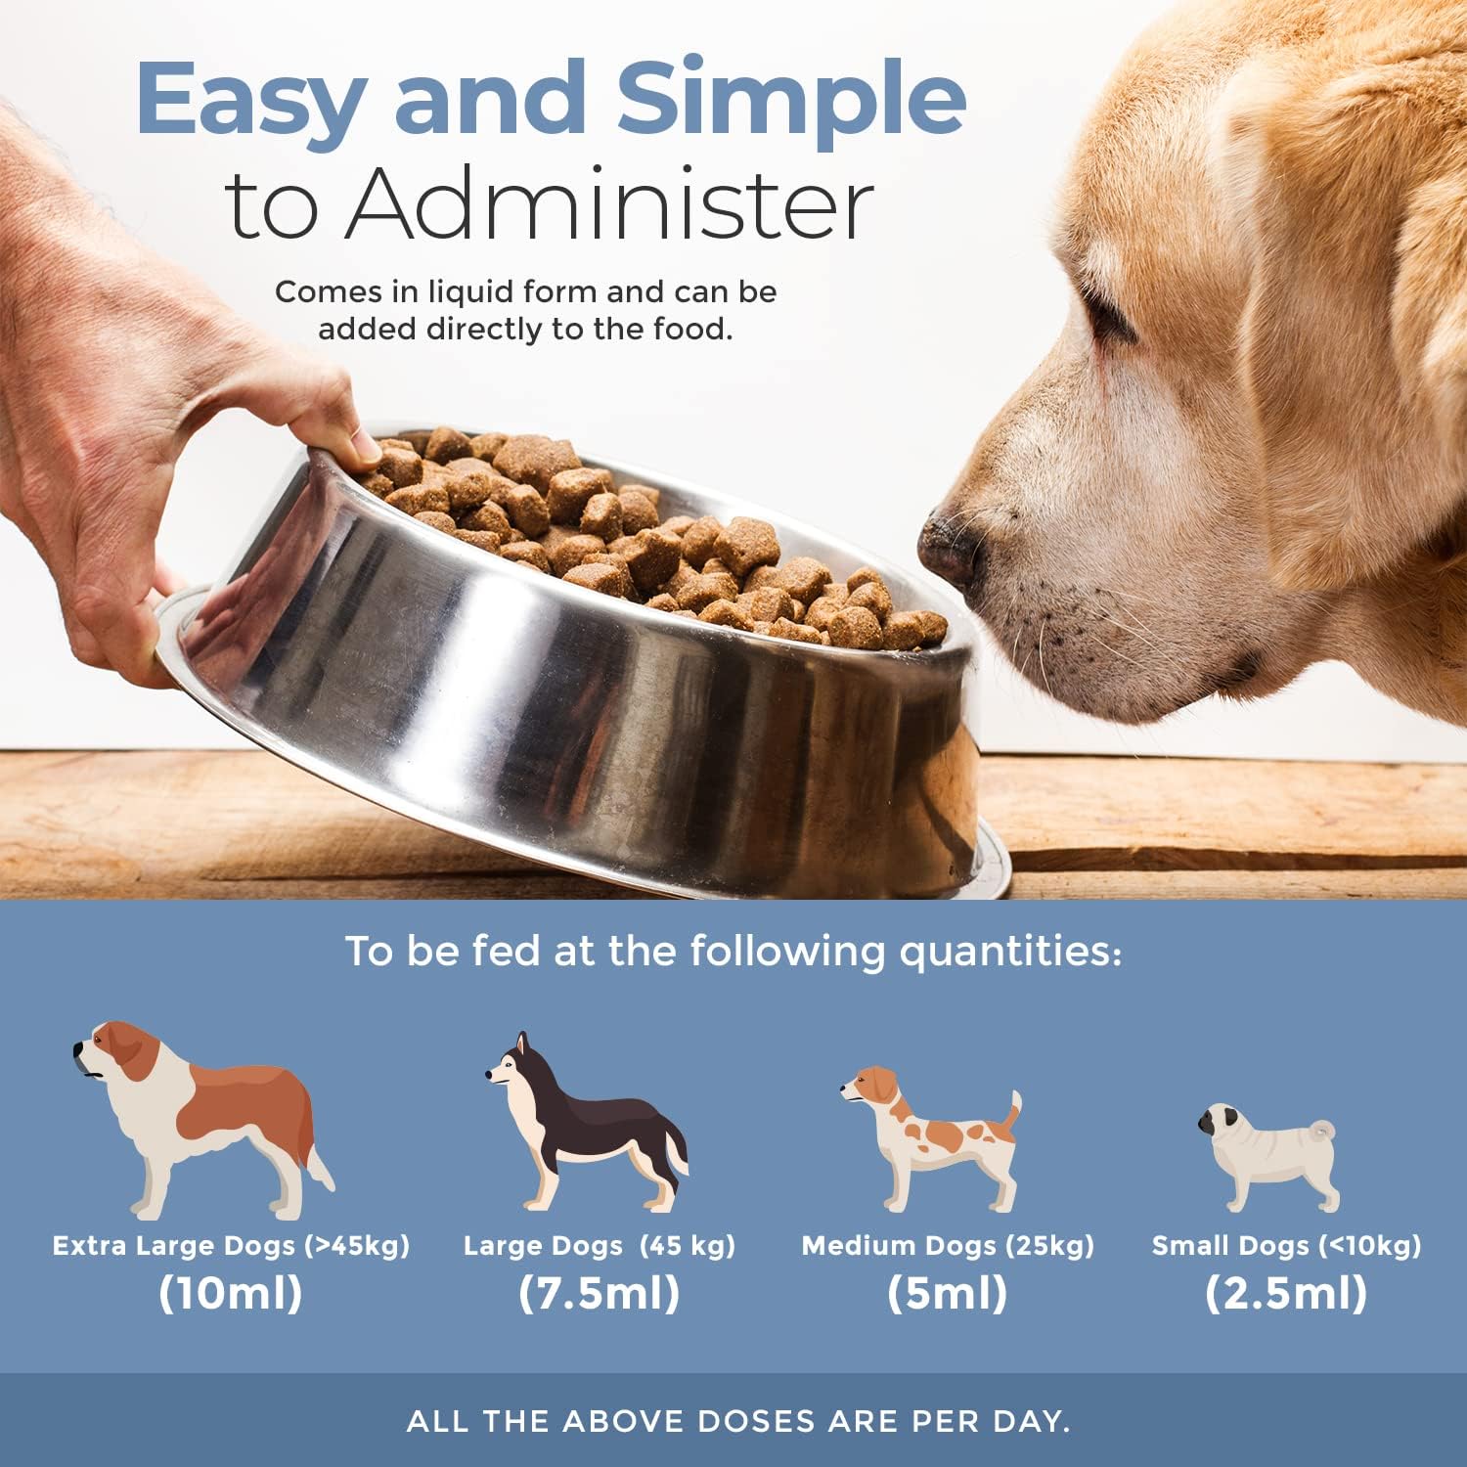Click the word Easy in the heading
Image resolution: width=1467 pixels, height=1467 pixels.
click(x=250, y=100)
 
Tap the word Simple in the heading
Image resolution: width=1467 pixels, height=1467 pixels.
click(x=792, y=100)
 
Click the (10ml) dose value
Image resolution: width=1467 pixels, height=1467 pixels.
click(x=231, y=1293)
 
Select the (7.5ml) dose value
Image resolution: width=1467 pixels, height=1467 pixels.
click(x=600, y=1293)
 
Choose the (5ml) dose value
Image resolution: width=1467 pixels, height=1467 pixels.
click(x=947, y=1293)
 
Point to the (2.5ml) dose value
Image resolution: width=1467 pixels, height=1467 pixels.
click(x=1286, y=1293)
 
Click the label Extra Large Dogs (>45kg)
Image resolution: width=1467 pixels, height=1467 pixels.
click(x=231, y=1246)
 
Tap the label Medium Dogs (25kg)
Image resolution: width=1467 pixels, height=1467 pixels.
click(x=948, y=1246)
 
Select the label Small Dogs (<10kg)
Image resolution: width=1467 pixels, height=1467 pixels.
click(x=1286, y=1246)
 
